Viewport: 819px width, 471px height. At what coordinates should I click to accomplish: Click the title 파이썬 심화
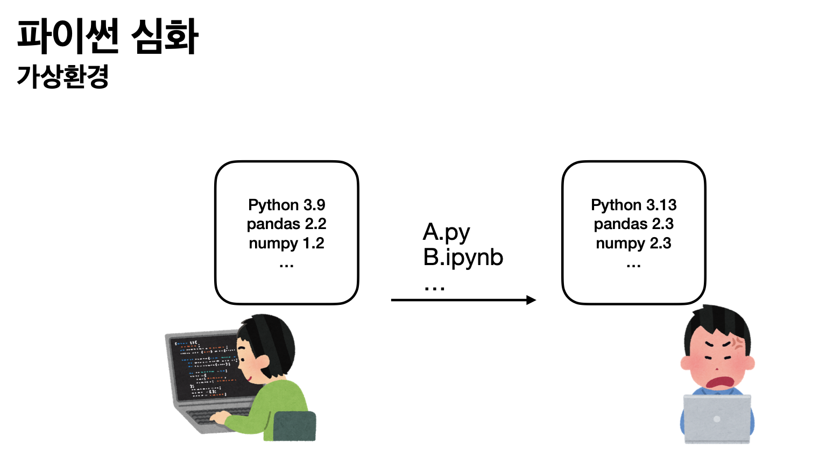pyautogui.click(x=108, y=37)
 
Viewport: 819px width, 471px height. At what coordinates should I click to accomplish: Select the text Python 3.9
pyautogui.click(x=287, y=205)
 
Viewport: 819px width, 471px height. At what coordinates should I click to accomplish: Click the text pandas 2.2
pyautogui.click(x=287, y=224)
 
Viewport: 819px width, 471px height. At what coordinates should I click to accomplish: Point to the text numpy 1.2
pyautogui.click(x=287, y=244)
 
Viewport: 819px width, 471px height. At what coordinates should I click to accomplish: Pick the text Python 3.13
pyautogui.click(x=634, y=205)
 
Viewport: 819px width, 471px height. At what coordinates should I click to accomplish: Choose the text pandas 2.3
pyautogui.click(x=634, y=224)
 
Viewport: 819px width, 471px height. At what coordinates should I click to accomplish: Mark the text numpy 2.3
pyautogui.click(x=634, y=244)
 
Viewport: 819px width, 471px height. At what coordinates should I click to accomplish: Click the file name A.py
pyautogui.click(x=447, y=233)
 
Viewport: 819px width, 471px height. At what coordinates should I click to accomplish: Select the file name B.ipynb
pyautogui.click(x=463, y=257)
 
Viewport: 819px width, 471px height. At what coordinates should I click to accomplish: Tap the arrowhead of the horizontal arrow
pyautogui.click(x=531, y=300)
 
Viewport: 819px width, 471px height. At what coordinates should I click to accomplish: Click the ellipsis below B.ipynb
pyautogui.click(x=434, y=288)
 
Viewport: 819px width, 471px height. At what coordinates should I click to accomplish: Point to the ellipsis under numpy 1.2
pyautogui.click(x=286, y=266)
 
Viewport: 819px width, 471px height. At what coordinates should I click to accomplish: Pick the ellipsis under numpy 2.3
pyautogui.click(x=633, y=266)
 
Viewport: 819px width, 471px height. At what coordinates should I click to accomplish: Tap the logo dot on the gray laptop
pyautogui.click(x=717, y=419)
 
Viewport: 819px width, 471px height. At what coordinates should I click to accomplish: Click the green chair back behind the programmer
pyautogui.click(x=294, y=426)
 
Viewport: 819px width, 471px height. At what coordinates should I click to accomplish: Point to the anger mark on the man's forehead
pyautogui.click(x=737, y=342)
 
